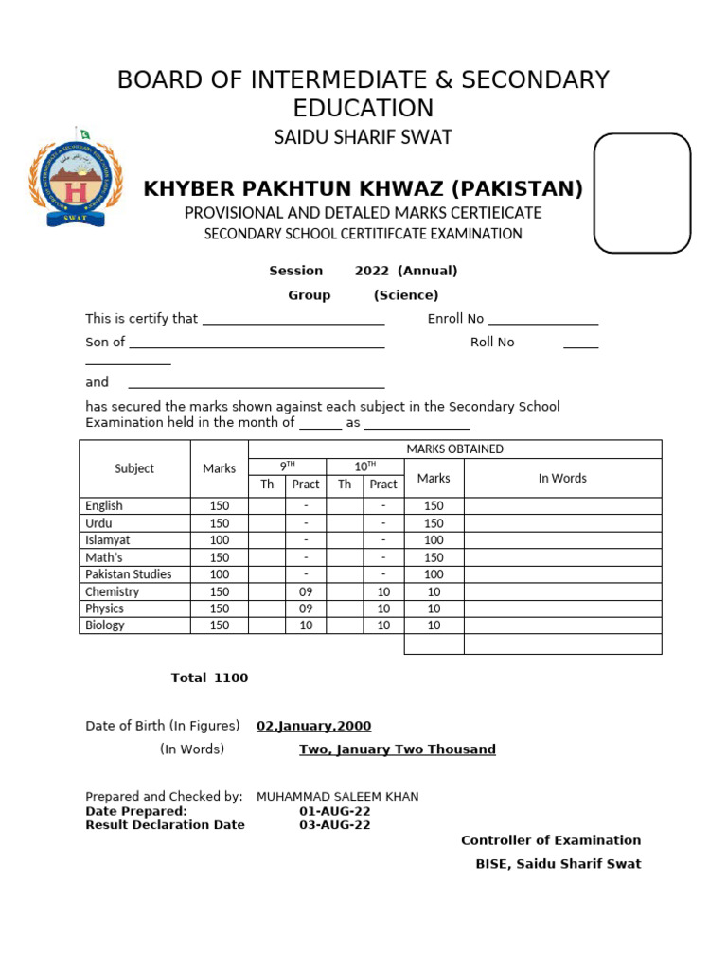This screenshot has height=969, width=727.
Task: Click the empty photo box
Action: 642,193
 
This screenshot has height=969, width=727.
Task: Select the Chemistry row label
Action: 112,591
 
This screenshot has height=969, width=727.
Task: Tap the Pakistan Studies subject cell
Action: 129,574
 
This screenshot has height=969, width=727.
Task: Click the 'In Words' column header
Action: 562,478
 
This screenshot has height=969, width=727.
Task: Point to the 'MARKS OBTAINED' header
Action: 454,449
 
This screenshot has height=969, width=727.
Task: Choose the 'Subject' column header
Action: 134,468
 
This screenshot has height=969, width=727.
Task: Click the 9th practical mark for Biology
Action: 306,625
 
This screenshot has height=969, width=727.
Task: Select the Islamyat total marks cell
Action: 220,540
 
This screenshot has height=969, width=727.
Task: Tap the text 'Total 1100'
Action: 209,678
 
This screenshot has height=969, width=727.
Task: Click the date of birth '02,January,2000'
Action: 313,726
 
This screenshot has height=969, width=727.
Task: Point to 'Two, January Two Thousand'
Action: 397,749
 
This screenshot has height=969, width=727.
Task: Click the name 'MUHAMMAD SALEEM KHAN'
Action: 337,797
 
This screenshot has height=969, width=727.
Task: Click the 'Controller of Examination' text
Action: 550,840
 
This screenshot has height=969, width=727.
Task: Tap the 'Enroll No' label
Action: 455,319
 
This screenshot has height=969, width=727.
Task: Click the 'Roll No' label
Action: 492,343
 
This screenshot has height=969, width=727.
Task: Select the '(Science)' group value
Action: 405,295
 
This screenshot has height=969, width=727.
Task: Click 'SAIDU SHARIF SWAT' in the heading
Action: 363,137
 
